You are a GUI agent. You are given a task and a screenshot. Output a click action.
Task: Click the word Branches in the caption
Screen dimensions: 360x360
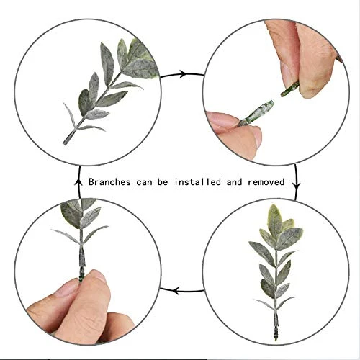[109, 182]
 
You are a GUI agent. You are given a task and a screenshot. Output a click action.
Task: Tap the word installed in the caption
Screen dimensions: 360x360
[197, 182]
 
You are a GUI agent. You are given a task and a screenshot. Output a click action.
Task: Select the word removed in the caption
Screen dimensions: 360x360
[266, 182]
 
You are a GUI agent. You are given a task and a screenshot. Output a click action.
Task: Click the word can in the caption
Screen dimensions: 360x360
[145, 182]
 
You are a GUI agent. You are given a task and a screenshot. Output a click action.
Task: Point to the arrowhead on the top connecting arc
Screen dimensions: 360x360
[183, 74]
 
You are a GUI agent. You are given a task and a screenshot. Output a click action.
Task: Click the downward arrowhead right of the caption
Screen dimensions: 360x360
[297, 185]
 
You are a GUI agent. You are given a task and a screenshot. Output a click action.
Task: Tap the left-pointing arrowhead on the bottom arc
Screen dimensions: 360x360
[176, 291]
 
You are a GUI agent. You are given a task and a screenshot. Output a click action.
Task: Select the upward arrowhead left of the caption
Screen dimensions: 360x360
[78, 181]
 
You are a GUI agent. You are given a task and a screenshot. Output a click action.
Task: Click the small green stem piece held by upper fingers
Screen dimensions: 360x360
[290, 89]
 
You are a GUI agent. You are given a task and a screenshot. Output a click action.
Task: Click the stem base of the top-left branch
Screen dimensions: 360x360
[66, 141]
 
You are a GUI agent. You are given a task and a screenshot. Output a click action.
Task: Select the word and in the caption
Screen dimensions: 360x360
[234, 182]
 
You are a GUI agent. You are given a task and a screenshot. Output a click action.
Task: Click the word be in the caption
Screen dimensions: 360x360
[163, 182]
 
